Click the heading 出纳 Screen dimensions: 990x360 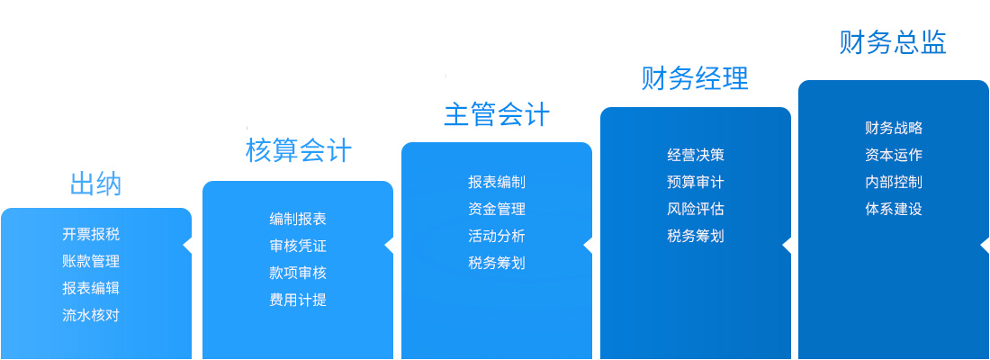pos(95,184)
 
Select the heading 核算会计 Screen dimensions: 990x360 pos(298,151)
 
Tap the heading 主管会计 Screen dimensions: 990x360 pos(497,115)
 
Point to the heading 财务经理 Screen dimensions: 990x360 pos(695,79)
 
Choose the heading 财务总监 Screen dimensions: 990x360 pos(893,42)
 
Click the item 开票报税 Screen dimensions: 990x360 pos(91,234)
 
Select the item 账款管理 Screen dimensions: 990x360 pos(91,261)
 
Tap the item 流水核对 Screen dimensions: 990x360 pos(91,314)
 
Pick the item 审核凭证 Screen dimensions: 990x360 pos(298,247)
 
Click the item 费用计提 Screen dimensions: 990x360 pos(298,300)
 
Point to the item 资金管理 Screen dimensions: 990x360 pos(497,209)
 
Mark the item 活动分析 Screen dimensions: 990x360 pos(497,236)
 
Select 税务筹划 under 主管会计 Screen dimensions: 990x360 pos(497,263)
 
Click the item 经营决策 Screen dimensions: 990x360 pos(695,156)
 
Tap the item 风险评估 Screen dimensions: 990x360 pos(695,209)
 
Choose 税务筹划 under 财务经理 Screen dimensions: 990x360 pos(695,236)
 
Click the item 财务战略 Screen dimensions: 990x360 pos(894,128)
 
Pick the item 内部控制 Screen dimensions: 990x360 pos(894,182)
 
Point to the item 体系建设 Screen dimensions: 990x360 pos(894,209)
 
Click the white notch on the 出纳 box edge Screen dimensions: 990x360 pos(187,246)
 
